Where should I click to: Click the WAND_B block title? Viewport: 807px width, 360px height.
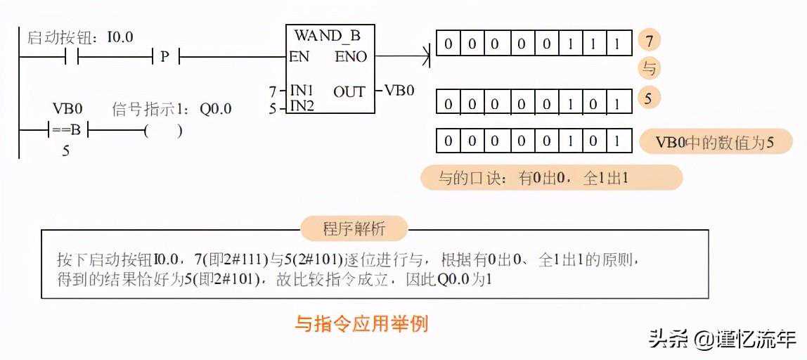point(328,36)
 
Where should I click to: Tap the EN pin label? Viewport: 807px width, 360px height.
point(299,57)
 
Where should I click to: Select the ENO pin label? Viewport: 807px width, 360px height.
point(351,57)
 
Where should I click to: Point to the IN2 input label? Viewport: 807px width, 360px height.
point(302,106)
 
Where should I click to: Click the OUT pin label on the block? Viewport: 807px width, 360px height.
point(349,91)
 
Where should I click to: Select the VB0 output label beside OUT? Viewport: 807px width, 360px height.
point(399,91)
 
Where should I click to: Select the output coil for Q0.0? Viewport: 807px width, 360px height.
point(162,130)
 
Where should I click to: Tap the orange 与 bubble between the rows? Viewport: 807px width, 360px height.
point(649,69)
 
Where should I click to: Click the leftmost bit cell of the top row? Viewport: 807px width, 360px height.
point(448,44)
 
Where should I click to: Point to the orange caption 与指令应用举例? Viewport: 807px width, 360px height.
point(361,324)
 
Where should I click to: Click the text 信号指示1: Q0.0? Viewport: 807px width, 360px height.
point(172,110)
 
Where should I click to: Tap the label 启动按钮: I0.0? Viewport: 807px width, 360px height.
point(80,37)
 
